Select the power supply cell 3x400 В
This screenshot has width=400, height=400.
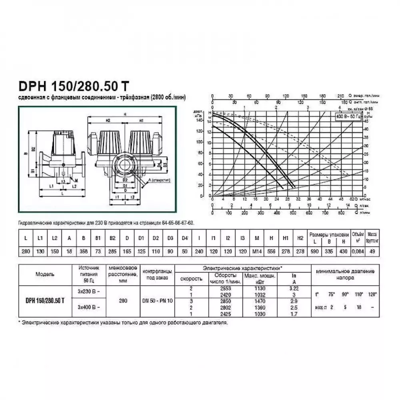coord(87,307)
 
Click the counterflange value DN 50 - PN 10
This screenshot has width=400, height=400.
coord(158,300)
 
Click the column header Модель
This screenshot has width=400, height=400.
coord(45,274)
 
